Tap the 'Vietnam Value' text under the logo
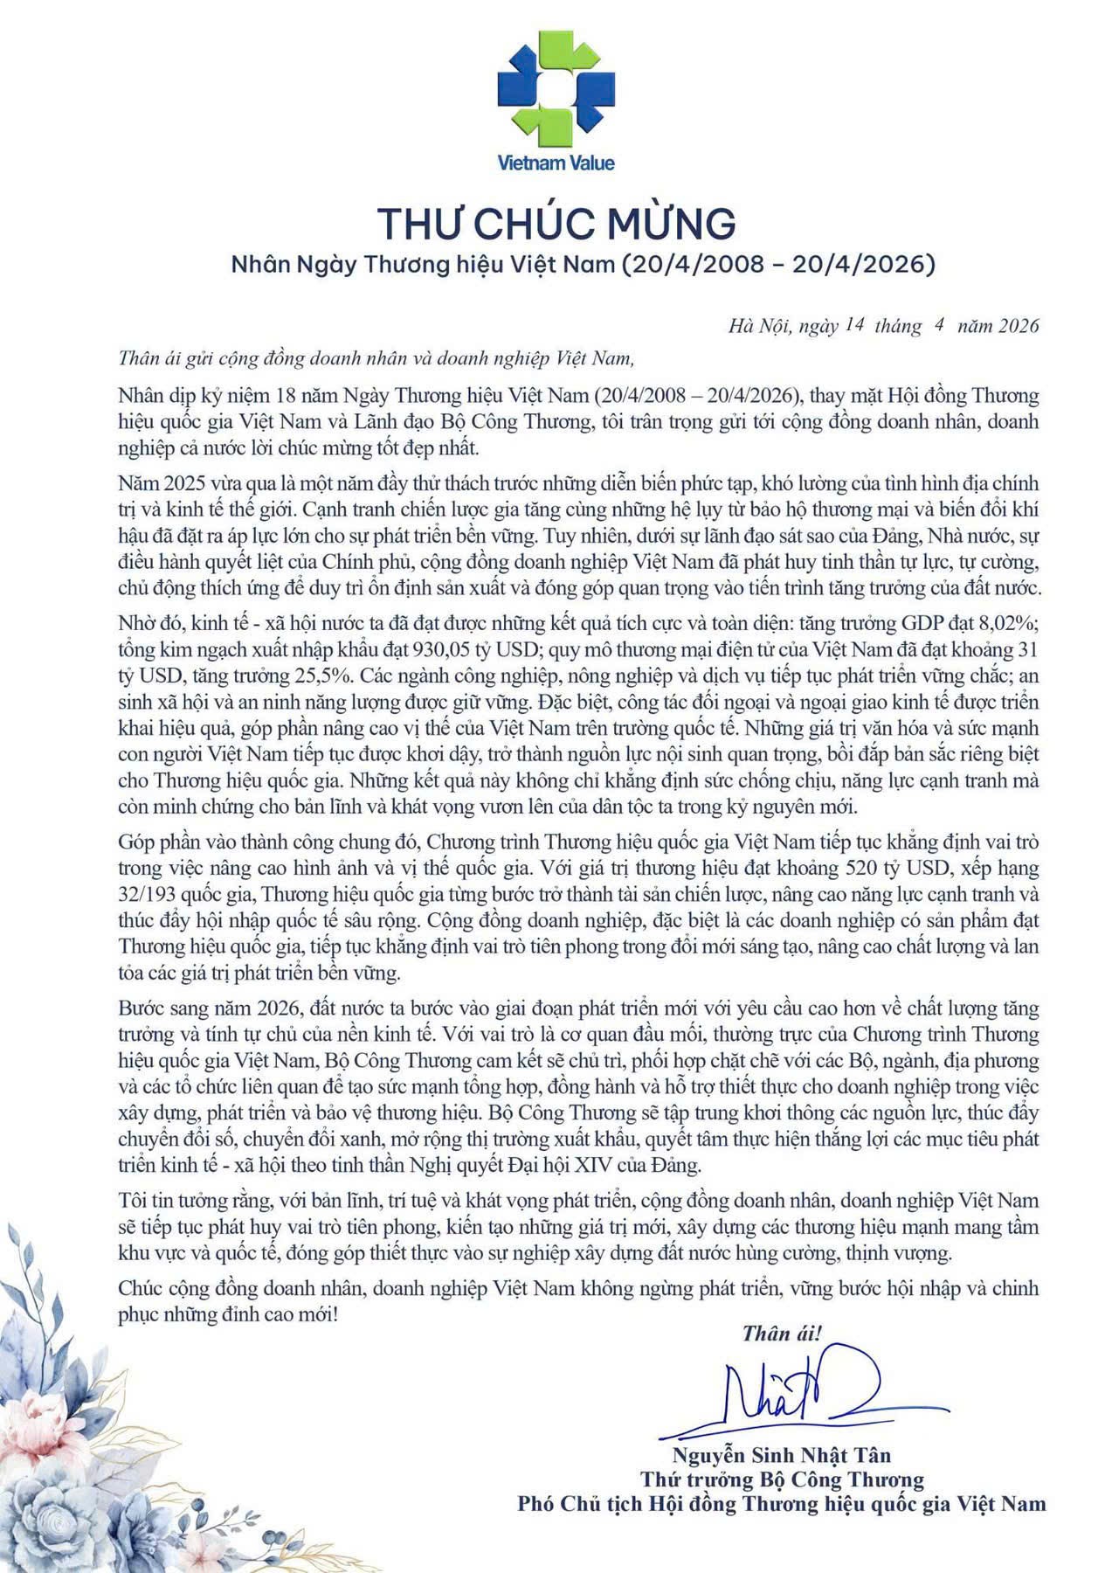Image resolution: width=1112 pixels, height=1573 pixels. click(x=556, y=163)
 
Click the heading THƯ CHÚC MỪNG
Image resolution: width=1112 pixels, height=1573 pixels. click(x=556, y=223)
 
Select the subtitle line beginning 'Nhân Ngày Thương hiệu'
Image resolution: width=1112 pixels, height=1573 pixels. click(x=583, y=264)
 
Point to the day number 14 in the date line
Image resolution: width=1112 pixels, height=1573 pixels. click(x=854, y=326)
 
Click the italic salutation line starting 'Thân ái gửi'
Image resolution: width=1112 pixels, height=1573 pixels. click(x=374, y=357)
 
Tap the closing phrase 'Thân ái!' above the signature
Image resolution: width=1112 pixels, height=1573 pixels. click(x=782, y=1333)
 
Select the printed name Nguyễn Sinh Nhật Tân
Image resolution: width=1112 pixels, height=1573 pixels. click(x=781, y=1455)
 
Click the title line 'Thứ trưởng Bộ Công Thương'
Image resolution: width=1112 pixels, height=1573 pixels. click(x=781, y=1479)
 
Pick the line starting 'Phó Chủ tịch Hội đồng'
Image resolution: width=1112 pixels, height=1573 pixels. click(x=781, y=1504)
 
